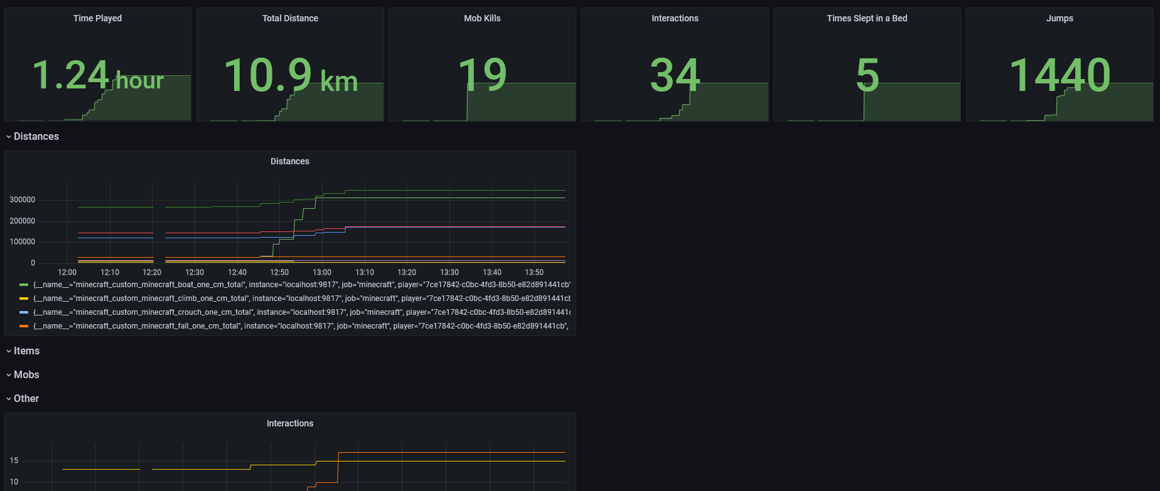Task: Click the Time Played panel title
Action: pos(97,18)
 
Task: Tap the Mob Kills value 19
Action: pos(482,75)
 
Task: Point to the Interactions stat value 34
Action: pos(675,75)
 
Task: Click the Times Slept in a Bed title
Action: pos(867,18)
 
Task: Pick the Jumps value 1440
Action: pos(1060,75)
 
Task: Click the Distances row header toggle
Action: pos(36,137)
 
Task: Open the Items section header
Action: pos(26,351)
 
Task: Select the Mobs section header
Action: pos(26,375)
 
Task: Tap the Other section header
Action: pos(26,399)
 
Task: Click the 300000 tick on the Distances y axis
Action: pos(23,200)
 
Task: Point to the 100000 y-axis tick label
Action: pos(23,242)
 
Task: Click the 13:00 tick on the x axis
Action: pos(322,272)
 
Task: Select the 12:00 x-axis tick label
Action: pos(67,272)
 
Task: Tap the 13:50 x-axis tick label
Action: pos(534,272)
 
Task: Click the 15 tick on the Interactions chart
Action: pos(14,461)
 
